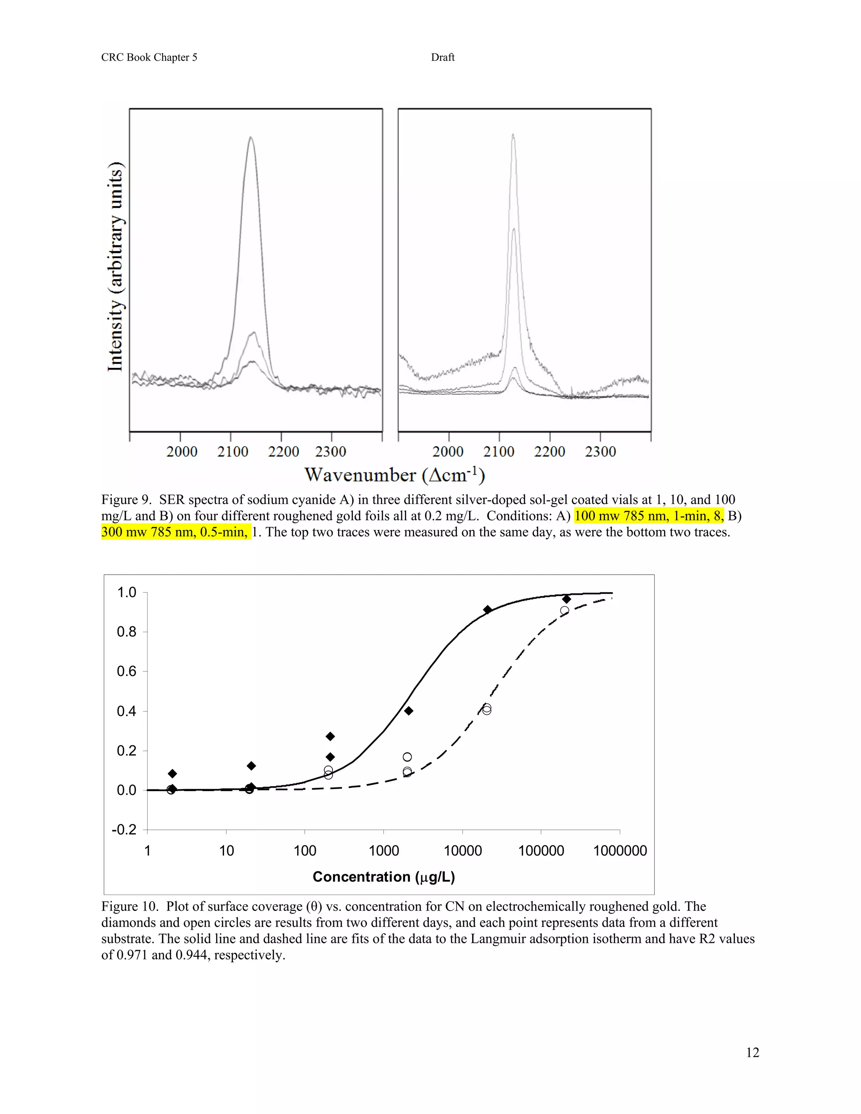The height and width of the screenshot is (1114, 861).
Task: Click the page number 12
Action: [x=753, y=1052]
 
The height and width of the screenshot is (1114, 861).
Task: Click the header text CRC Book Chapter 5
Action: [x=149, y=57]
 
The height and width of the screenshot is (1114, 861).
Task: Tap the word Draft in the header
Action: [x=442, y=57]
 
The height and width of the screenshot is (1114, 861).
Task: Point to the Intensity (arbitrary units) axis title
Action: [x=115, y=267]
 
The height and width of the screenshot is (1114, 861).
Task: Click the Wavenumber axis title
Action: [x=394, y=475]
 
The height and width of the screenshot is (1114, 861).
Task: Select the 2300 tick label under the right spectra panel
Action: [x=600, y=451]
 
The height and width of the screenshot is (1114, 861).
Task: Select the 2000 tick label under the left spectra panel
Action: [x=182, y=451]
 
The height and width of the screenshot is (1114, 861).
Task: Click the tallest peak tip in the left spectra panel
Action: [x=251, y=137]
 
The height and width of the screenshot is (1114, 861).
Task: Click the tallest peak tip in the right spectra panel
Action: [x=513, y=135]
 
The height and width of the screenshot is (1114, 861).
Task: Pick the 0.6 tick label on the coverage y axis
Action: [x=127, y=671]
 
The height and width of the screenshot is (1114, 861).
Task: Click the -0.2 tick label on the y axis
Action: [x=124, y=829]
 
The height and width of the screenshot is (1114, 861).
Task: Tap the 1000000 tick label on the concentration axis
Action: [x=620, y=851]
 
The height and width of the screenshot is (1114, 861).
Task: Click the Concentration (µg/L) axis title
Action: [x=383, y=877]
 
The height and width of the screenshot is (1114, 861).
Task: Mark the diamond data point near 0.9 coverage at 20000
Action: [x=487, y=610]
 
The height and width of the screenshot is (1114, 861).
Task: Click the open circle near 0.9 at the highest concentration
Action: [x=564, y=610]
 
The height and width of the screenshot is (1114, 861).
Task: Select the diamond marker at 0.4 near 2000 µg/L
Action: [x=409, y=710]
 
